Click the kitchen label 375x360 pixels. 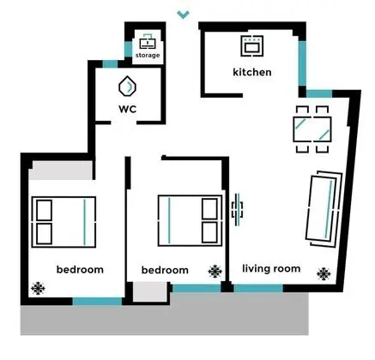coord(252,72)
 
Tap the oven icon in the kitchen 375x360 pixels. coord(251,45)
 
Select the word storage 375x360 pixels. coord(148,55)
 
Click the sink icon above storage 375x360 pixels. coord(148,41)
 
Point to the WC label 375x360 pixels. coord(128,109)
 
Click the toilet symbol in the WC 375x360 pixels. coord(127,86)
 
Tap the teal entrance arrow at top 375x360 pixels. coord(183,15)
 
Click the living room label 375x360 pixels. coord(271,268)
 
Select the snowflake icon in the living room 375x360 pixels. coord(324,273)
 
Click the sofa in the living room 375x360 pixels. coord(324,209)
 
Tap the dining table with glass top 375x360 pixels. coord(312,129)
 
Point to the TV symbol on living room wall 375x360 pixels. coord(237,210)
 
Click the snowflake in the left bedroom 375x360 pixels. coord(38,288)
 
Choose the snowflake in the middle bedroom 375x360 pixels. coord(215,272)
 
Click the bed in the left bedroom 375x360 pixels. coord(64,222)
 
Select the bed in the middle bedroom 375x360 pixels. coord(190,220)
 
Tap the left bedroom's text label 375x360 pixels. coord(80,269)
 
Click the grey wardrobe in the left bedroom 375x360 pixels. coord(61,171)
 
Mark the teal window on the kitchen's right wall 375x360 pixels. coord(302,63)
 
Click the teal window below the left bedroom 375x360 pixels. coord(97,302)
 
